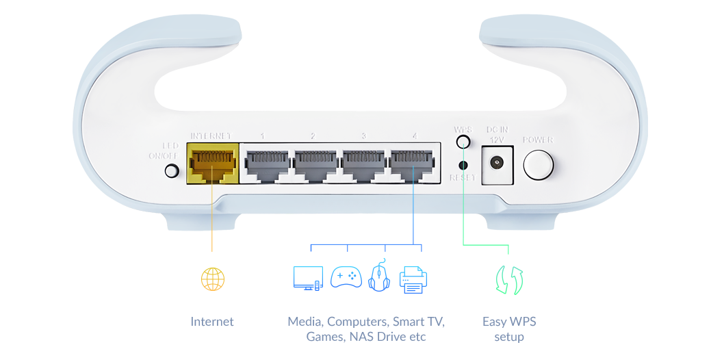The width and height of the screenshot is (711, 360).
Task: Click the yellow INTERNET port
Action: [x=211, y=164]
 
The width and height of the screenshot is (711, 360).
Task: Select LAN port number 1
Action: [x=265, y=165]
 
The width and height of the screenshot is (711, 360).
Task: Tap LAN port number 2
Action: [x=313, y=165]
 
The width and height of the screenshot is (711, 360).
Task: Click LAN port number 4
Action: [x=413, y=165]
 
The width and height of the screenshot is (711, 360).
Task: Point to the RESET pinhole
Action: [x=463, y=165]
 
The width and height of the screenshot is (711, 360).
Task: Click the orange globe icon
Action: [x=212, y=278]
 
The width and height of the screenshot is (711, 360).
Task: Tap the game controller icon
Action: [x=346, y=278]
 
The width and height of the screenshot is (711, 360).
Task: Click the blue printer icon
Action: [x=413, y=279]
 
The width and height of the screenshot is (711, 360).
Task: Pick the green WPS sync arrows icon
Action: [x=509, y=279]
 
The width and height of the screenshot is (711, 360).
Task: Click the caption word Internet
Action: [x=212, y=322]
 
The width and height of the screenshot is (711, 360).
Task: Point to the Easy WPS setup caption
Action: [x=508, y=329]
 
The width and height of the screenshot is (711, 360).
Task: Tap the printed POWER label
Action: [x=538, y=140]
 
